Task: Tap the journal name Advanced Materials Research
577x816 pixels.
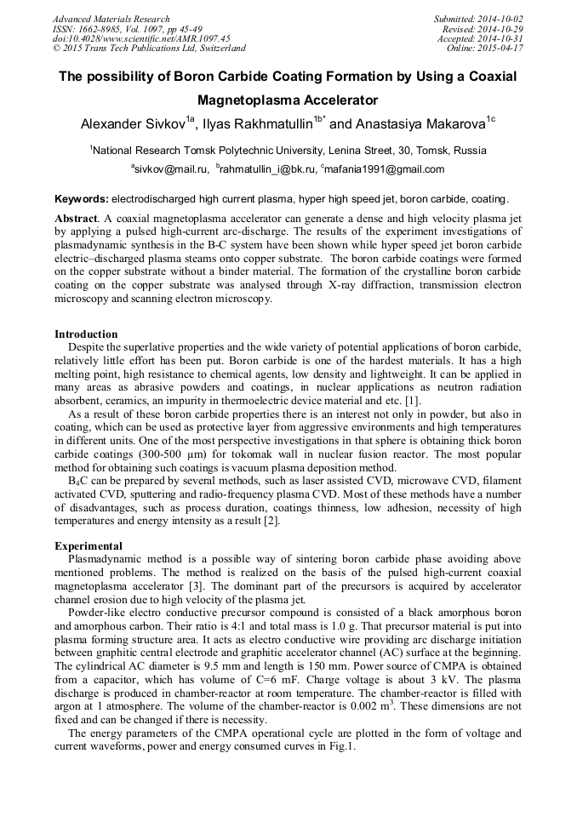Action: (111, 19)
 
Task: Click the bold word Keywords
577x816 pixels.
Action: (81, 200)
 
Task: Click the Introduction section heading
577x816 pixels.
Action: (86, 334)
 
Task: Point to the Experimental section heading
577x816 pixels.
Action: (89, 545)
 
